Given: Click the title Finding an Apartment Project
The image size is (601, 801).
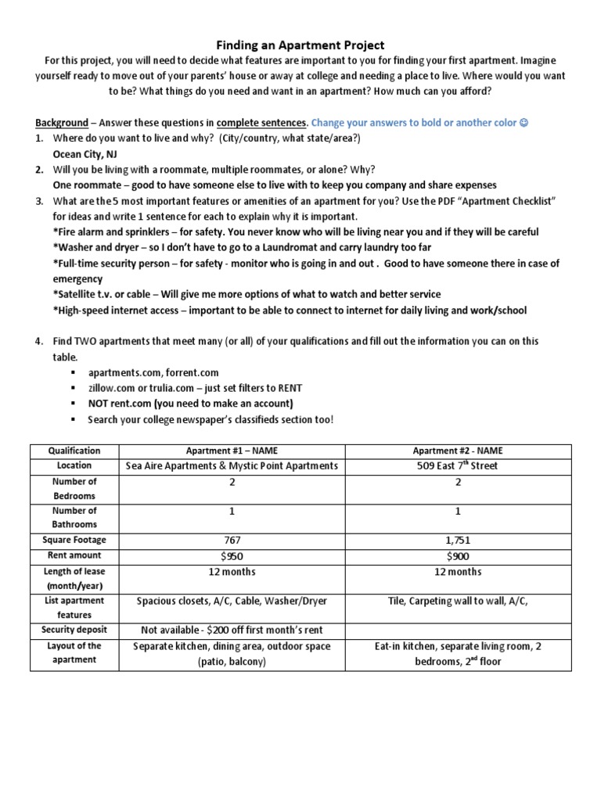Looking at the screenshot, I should click(300, 45).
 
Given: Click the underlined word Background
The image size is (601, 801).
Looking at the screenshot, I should click(61, 123).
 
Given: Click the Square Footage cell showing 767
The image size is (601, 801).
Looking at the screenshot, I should click(232, 540).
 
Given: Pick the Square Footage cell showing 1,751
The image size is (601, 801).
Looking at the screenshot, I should click(458, 540).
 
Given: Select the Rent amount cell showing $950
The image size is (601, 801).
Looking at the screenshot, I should click(232, 555).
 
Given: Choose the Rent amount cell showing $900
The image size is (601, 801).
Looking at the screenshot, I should click(458, 555).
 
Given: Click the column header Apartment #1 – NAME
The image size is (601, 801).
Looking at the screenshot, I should click(232, 451).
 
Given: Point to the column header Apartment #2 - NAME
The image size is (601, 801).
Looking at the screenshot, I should click(458, 451).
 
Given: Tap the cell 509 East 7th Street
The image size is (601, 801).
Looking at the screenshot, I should click(458, 465).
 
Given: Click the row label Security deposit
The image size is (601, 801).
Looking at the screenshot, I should click(74, 630).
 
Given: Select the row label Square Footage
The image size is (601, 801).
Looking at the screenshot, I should click(74, 540).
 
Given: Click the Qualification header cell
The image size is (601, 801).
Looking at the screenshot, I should click(74, 451).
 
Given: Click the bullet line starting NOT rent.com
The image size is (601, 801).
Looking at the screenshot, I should click(191, 404).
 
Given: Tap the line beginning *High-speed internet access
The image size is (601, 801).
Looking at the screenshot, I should click(290, 310).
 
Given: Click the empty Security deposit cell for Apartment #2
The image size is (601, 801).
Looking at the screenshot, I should click(458, 630).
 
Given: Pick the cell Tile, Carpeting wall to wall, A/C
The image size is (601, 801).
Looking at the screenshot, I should click(458, 601).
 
